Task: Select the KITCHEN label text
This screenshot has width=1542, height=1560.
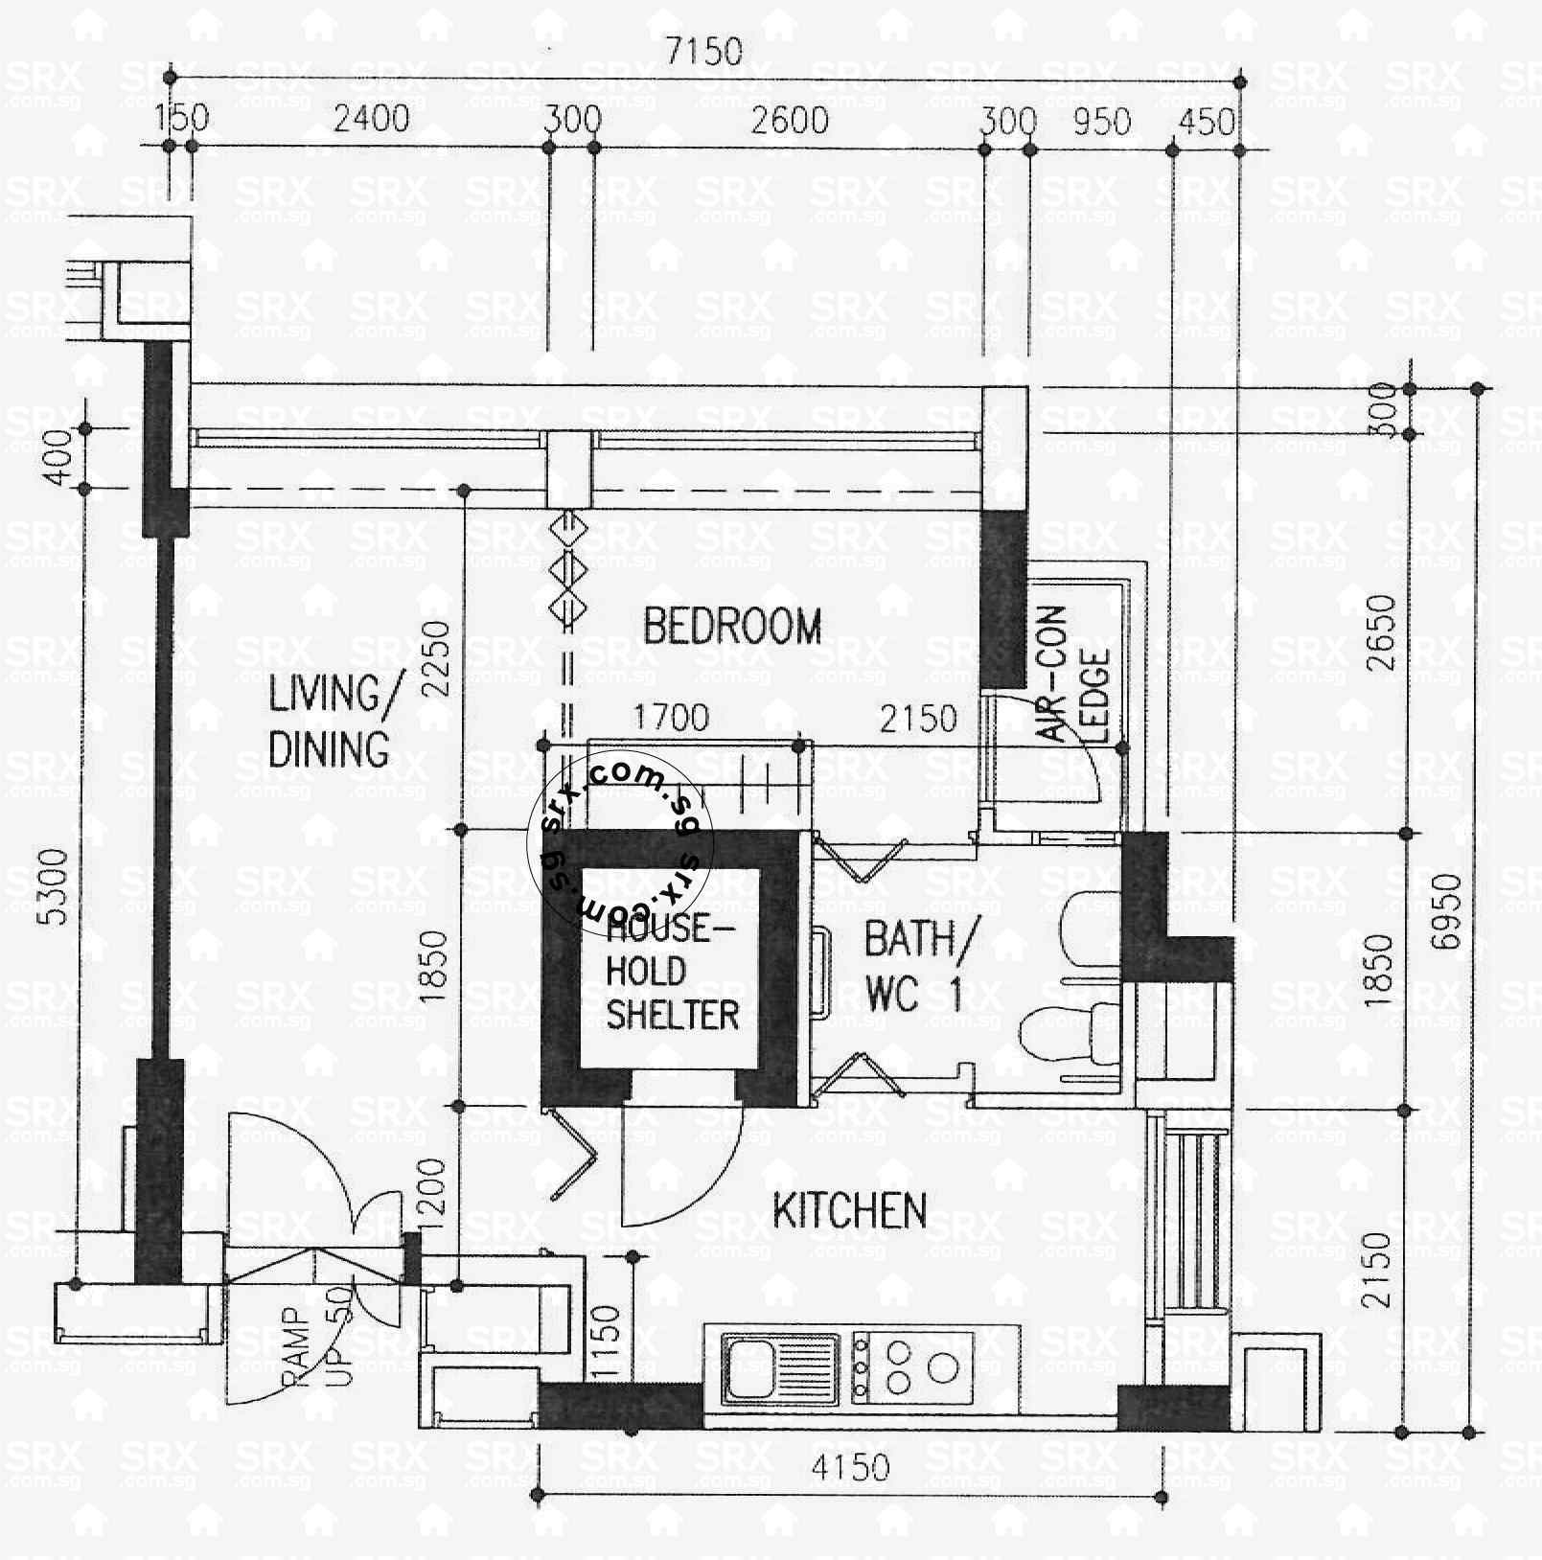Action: click(x=850, y=1211)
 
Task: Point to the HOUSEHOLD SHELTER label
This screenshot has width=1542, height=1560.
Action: click(x=672, y=972)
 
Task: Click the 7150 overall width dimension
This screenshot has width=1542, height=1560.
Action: click(x=704, y=51)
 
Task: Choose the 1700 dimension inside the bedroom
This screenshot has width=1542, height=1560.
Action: click(x=671, y=717)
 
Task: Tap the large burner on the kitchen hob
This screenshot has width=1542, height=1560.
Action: click(x=943, y=1366)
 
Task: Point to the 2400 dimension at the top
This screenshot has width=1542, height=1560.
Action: click(x=371, y=119)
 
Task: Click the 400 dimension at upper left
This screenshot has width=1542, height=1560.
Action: click(x=59, y=458)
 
